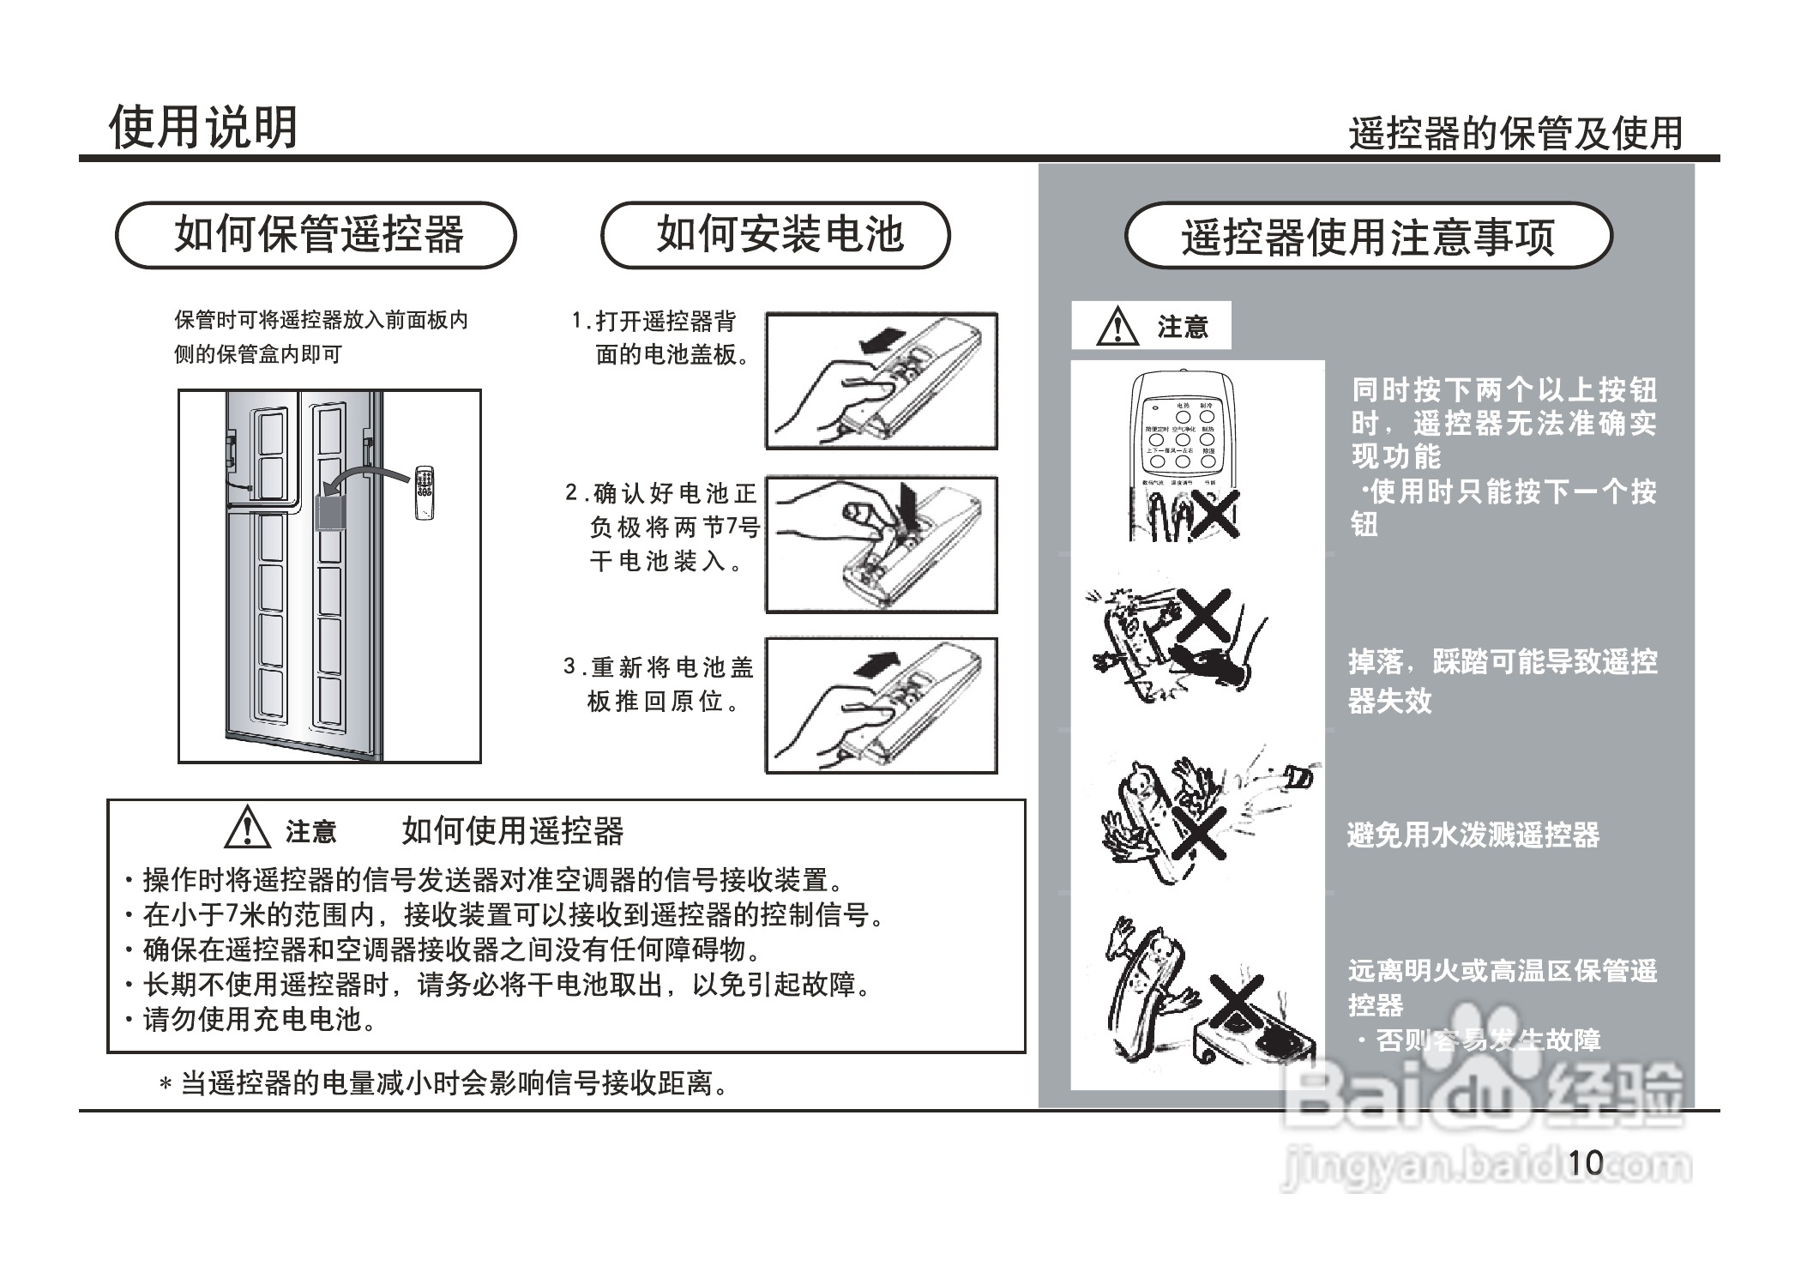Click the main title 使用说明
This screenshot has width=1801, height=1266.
click(203, 128)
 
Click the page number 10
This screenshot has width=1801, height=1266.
click(1585, 1162)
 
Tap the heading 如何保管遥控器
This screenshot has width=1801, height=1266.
click(316, 235)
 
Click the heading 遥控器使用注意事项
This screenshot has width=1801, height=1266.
click(1368, 237)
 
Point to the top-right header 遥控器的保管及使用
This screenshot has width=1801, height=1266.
click(1515, 134)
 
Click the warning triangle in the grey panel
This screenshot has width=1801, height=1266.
click(1117, 327)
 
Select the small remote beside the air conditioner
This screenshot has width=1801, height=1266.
click(424, 492)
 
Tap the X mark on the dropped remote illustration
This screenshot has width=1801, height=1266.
click(1206, 614)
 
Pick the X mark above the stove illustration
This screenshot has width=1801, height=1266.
click(1237, 1000)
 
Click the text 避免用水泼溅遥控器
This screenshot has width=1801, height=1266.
click(1473, 835)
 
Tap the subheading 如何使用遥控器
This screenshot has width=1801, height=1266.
click(512, 830)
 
